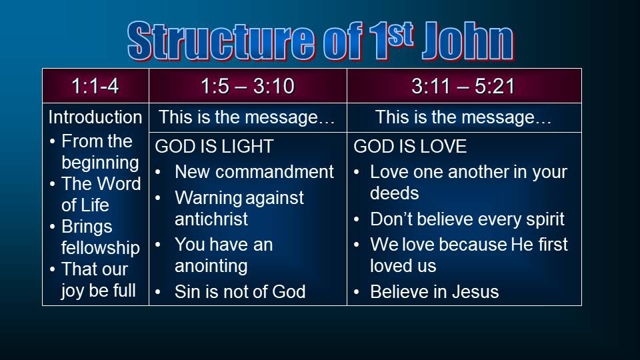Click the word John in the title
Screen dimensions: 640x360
468,41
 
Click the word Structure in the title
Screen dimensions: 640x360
221,41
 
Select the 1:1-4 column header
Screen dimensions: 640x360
95,86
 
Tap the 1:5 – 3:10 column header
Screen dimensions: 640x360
248,86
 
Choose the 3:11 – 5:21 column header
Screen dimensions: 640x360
463,86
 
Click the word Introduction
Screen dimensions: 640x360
95,117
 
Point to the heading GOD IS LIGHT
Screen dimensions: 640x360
214,147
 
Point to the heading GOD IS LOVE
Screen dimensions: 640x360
410,147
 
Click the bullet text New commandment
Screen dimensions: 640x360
254,172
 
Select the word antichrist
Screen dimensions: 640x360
211,219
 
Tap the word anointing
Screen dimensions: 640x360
211,266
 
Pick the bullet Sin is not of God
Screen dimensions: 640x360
240,292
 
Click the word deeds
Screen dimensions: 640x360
394,193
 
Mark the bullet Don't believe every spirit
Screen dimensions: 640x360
467,219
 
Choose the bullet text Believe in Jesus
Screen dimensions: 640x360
434,292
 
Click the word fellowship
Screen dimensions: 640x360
101,248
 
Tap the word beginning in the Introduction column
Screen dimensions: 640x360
100,163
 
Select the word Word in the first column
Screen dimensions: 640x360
121,184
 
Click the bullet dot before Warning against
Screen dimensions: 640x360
158,199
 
